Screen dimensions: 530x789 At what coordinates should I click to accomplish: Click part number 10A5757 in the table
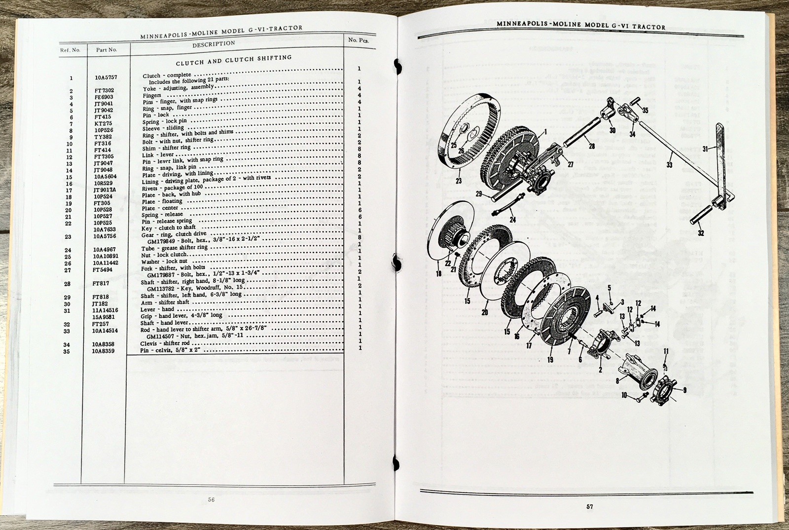[106, 77]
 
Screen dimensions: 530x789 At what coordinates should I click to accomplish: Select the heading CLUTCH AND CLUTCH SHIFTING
[234, 61]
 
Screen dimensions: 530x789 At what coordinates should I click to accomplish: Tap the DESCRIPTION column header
[214, 44]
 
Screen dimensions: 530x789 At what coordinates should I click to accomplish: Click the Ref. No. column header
[70, 50]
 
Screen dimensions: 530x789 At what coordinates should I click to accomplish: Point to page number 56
[211, 499]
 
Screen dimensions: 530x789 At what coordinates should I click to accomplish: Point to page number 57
[589, 506]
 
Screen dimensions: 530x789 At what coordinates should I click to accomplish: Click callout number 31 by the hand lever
[705, 149]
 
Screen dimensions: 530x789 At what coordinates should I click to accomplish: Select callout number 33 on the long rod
[669, 164]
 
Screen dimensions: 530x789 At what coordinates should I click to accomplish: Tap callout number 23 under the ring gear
[459, 181]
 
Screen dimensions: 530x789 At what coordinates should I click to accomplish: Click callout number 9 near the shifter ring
[684, 390]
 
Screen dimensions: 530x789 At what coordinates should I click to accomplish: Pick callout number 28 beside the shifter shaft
[591, 146]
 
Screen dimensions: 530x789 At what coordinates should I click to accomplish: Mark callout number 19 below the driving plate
[550, 360]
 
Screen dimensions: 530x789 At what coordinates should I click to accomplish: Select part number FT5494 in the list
[103, 270]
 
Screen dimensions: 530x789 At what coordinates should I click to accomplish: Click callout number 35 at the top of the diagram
[646, 111]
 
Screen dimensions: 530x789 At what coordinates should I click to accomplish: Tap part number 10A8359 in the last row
[103, 351]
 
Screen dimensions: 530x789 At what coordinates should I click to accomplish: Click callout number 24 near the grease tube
[513, 220]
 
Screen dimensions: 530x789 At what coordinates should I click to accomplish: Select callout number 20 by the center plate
[485, 312]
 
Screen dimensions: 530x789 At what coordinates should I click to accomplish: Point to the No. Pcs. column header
[359, 40]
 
